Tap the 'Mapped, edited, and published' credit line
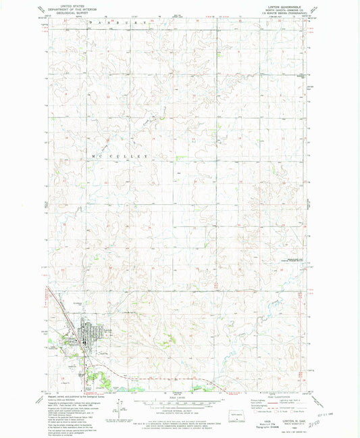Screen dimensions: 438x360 68,398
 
